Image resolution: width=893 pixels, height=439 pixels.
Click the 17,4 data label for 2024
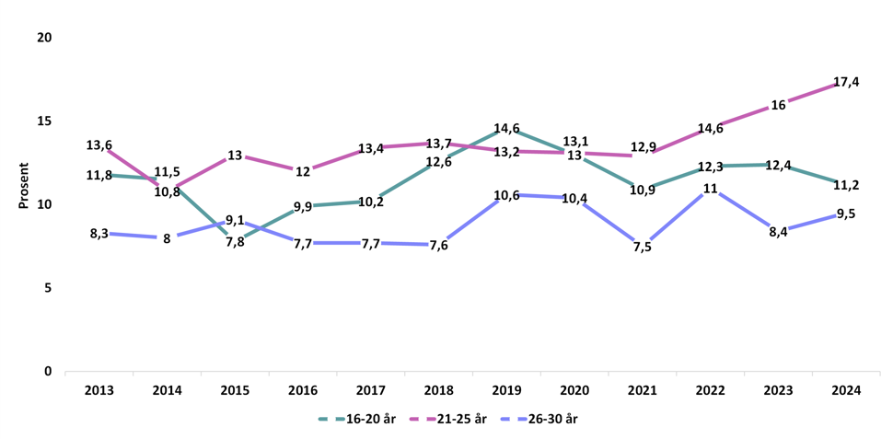click(846, 82)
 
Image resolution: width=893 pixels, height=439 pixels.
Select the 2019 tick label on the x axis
click(507, 390)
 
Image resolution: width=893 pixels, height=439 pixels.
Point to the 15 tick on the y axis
click(44, 121)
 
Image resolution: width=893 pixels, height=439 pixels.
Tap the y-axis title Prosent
click(24, 186)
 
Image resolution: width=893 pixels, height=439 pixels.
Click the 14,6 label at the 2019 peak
click(507, 129)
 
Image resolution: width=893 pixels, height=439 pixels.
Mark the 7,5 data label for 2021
click(643, 247)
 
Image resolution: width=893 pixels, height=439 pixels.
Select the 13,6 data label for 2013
click(99, 145)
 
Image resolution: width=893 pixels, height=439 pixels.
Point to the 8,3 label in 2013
click(99, 234)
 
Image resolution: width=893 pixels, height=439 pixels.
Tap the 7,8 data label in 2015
click(235, 242)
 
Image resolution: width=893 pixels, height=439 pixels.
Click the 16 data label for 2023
click(778, 105)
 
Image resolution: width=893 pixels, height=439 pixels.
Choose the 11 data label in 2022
click(710, 189)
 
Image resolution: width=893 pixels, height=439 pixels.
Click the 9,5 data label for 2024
click(846, 214)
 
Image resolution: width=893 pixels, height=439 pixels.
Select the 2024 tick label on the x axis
click(846, 390)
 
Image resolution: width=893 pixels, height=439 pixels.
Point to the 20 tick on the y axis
click(44, 38)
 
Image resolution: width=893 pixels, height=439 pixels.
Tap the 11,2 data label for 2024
click(846, 185)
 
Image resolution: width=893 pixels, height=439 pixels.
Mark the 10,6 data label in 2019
click(507, 195)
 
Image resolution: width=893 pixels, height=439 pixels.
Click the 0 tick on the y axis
click(48, 372)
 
